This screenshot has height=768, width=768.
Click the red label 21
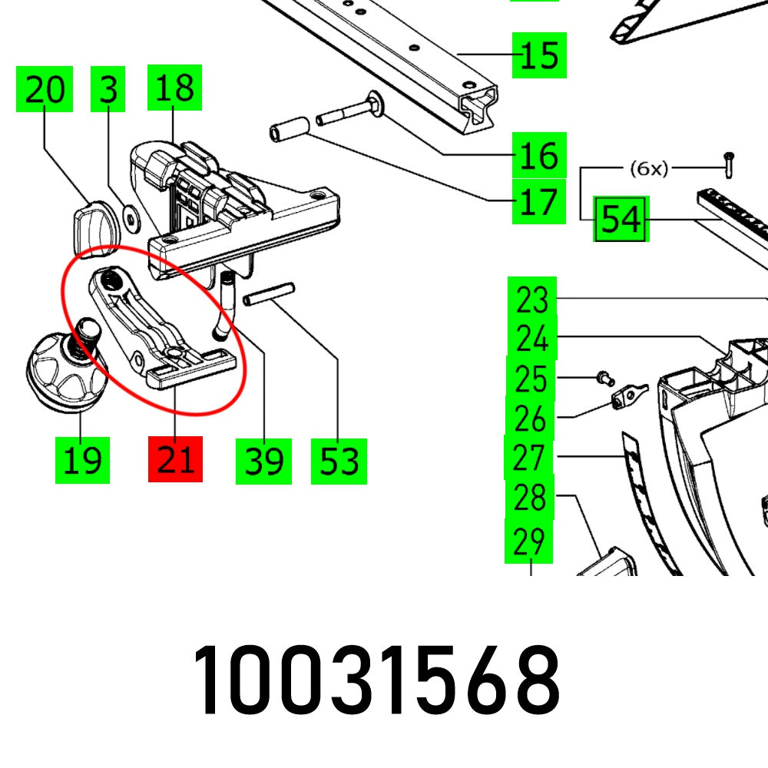pos(175,460)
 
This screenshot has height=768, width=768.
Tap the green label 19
pos(82,460)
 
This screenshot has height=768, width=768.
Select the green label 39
pos(263,461)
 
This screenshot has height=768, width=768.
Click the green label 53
pos(339,461)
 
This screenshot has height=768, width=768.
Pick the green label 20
pos(45,90)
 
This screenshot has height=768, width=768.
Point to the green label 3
pos(108,90)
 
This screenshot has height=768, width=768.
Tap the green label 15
pos(539,55)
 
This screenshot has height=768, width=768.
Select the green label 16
pos(539,156)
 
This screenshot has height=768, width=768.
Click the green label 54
pos(621,220)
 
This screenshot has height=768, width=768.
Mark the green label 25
pos(531,379)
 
